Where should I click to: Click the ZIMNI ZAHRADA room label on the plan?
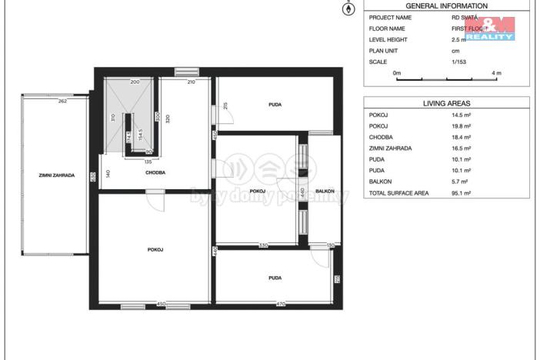(57, 175)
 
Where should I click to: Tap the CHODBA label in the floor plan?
(157, 172)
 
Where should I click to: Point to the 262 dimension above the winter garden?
(62, 101)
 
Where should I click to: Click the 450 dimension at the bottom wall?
(161, 305)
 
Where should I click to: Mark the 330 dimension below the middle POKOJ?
(262, 245)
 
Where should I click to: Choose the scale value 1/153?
(458, 62)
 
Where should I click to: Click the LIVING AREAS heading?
(446, 102)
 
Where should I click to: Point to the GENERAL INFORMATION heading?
(446, 5)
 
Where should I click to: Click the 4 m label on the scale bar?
(496, 73)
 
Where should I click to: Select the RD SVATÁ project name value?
(465, 17)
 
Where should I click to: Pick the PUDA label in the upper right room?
(275, 104)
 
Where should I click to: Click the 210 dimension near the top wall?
(191, 82)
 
